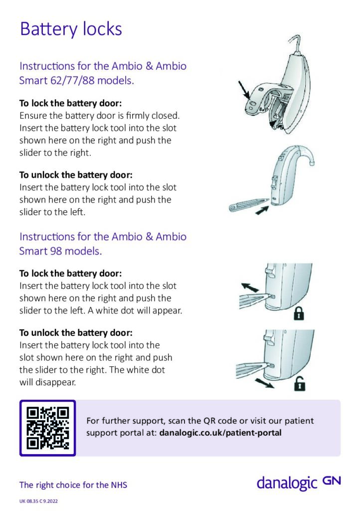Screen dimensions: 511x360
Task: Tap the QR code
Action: point(47,428)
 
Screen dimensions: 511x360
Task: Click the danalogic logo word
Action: point(287,483)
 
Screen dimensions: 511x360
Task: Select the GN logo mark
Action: point(331,481)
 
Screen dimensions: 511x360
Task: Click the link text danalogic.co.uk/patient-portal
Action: point(220,433)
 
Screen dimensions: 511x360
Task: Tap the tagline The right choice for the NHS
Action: point(73,485)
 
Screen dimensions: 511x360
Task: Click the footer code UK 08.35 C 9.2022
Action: point(39,501)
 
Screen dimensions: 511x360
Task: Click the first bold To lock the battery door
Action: point(70,104)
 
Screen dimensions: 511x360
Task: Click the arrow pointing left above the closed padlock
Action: point(250,288)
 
